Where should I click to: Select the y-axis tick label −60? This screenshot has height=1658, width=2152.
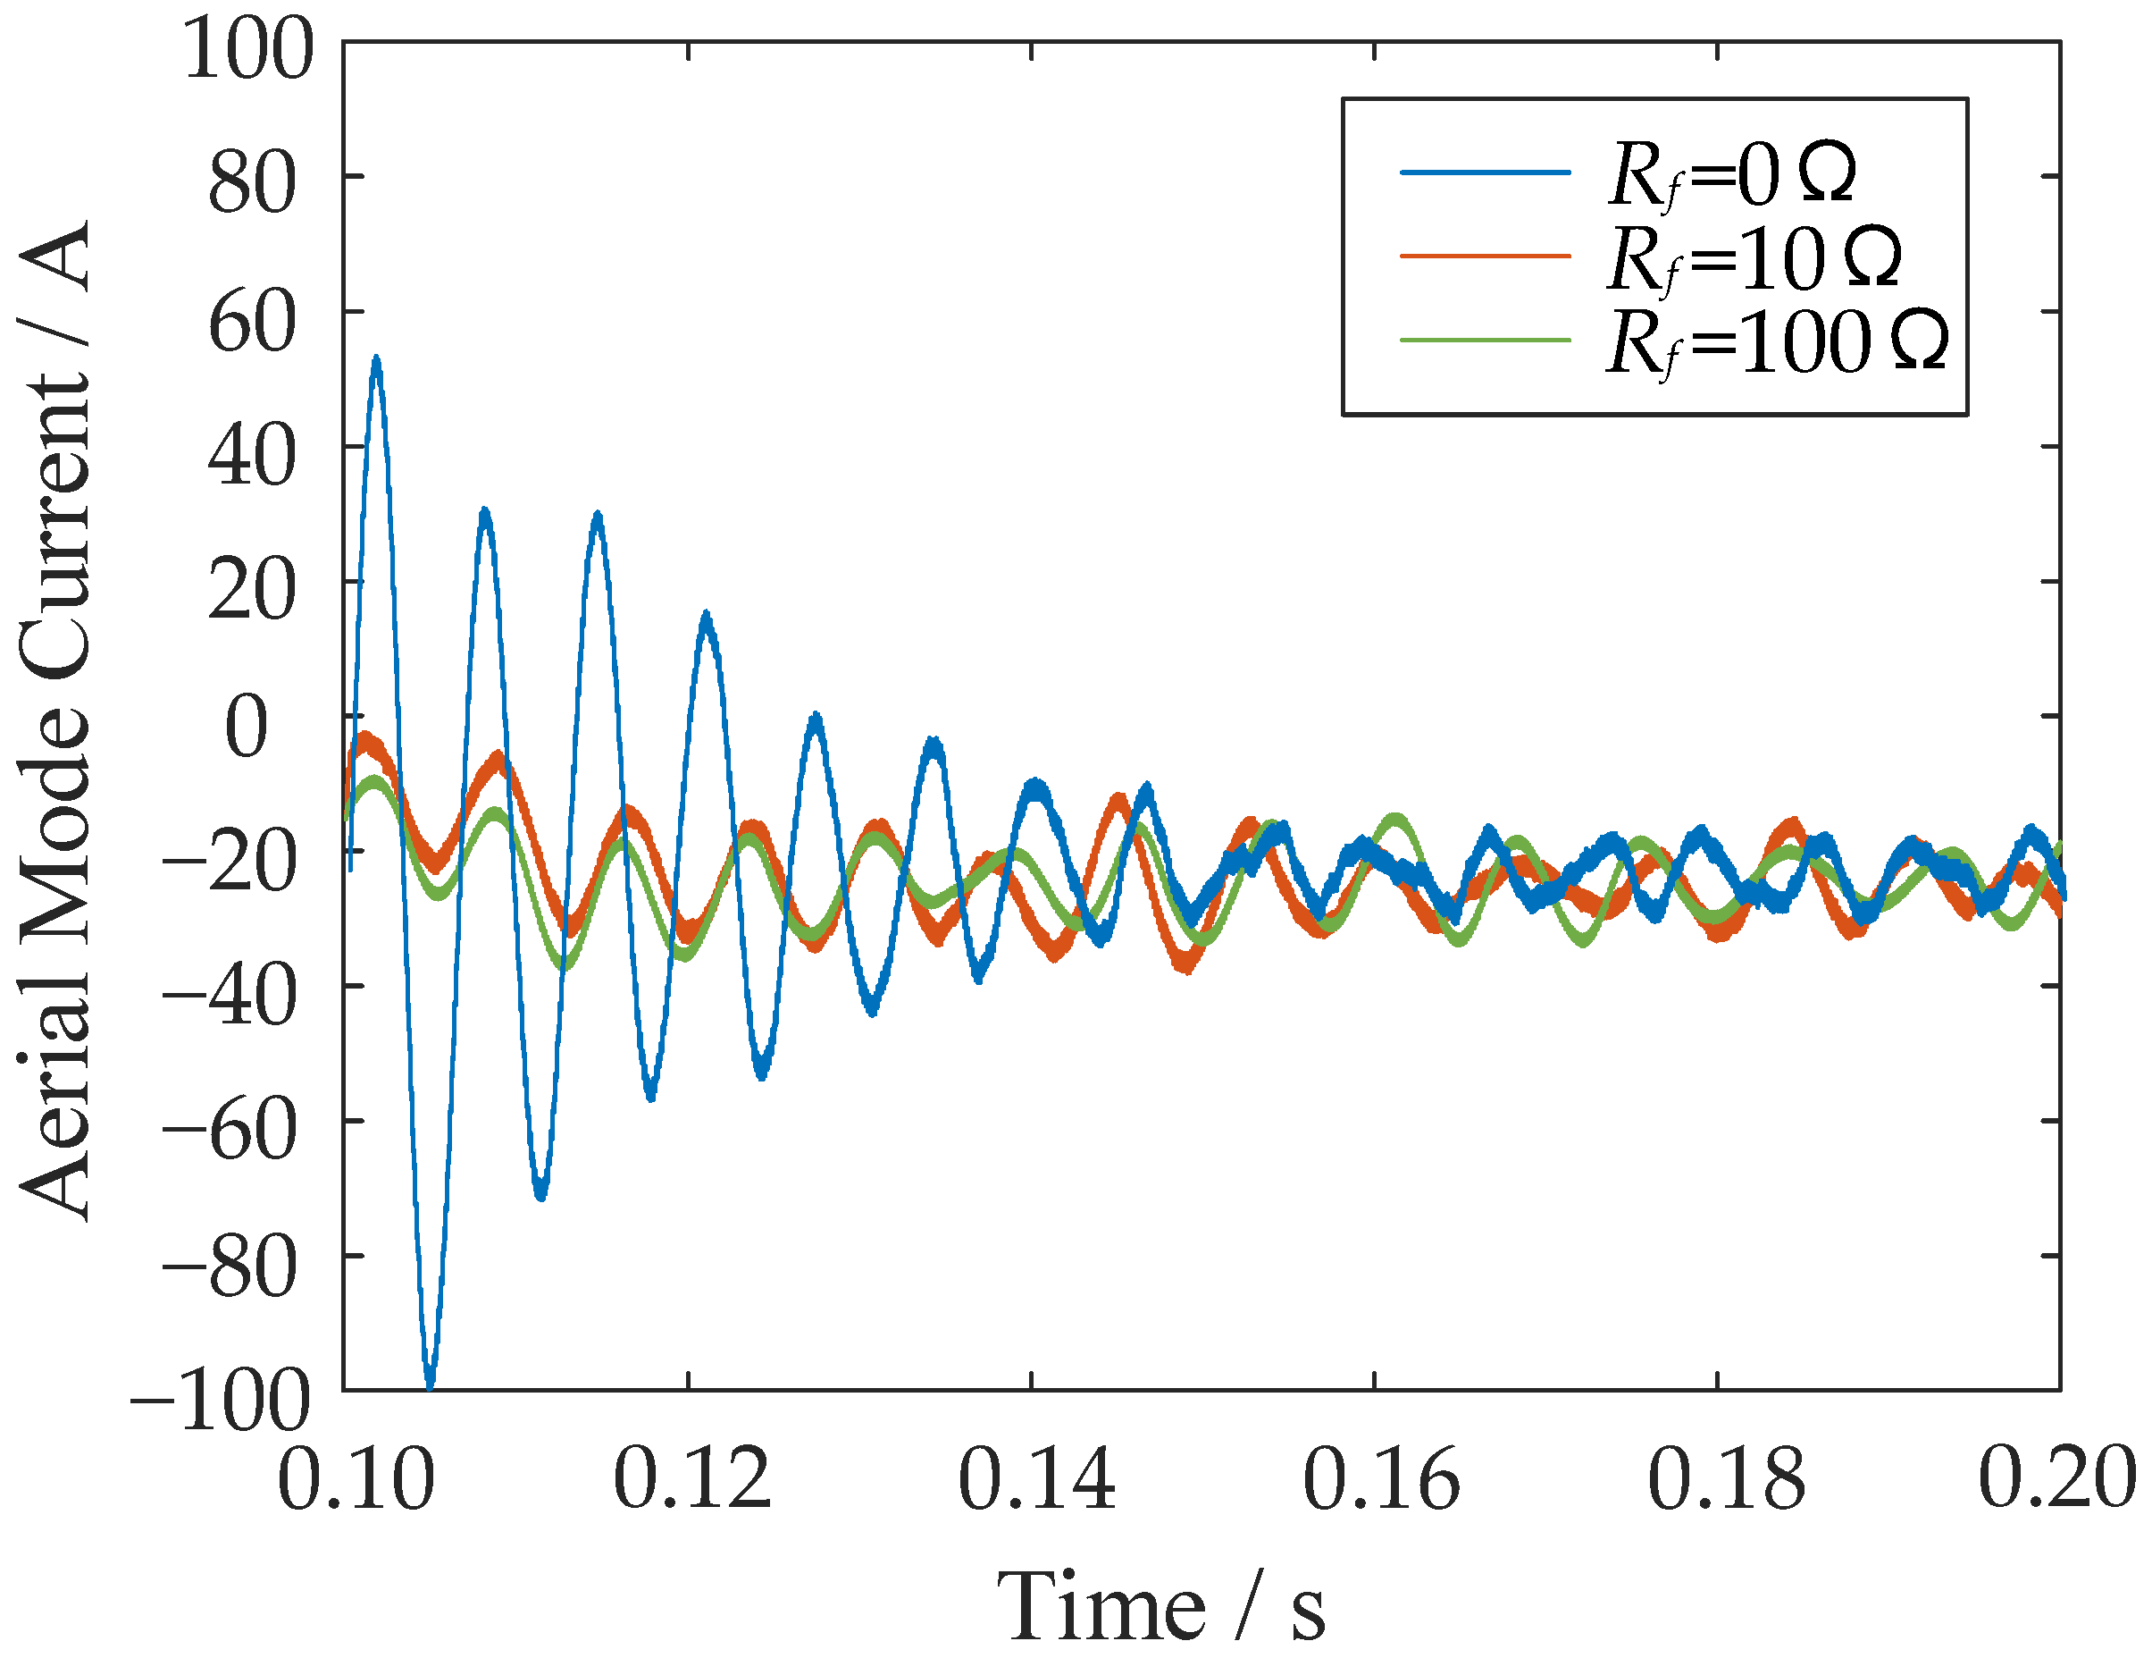(230, 1131)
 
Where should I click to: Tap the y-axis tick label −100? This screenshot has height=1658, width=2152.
(221, 1401)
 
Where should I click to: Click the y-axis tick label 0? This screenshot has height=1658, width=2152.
(247, 726)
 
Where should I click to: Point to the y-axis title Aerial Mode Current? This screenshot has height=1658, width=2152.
(56, 720)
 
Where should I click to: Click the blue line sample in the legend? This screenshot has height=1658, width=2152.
(1485, 173)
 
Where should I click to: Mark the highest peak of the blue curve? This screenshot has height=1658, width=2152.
(376, 360)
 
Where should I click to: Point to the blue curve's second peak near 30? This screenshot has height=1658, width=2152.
(484, 512)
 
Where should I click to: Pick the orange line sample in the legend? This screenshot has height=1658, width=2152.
(1485, 257)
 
